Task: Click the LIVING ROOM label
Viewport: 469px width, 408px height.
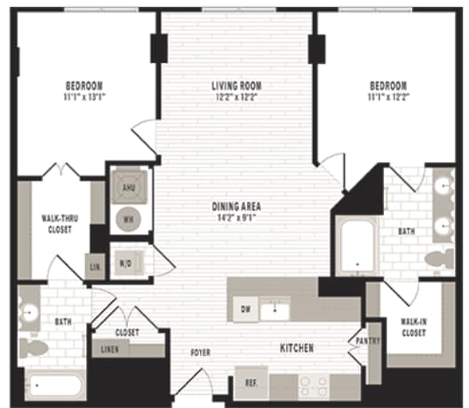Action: coord(236,86)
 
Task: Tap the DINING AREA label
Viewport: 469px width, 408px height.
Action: coord(236,207)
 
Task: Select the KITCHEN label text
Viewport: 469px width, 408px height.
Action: coord(296,349)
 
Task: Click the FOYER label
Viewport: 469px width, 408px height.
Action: coord(200,353)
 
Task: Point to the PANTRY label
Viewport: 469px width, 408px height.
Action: coord(366,340)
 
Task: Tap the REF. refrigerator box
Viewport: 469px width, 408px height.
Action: coord(250,384)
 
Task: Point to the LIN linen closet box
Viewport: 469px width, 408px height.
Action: coord(95,266)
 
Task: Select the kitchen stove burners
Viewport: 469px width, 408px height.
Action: coord(314,384)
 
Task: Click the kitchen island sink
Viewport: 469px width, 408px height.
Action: coord(276,310)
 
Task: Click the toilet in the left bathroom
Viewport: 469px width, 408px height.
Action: coord(33,348)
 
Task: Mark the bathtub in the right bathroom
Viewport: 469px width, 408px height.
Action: coord(356,246)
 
